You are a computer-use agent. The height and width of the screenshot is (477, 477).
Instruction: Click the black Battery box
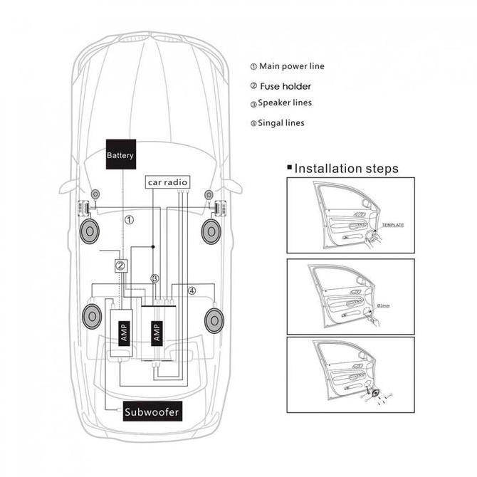point(121,154)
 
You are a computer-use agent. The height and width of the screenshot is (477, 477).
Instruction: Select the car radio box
point(167,182)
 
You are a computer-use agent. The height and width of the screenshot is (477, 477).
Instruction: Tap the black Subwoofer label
point(152,411)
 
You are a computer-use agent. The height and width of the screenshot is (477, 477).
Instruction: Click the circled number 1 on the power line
point(130,220)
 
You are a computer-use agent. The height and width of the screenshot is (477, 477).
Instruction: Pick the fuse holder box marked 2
point(121,266)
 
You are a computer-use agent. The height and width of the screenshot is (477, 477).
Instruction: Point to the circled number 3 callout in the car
point(154,278)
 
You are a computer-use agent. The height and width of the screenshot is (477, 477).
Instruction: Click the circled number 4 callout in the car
point(192,290)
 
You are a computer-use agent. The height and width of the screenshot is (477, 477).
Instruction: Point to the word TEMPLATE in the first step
point(393,225)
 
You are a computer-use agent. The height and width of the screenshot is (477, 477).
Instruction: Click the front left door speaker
point(90,231)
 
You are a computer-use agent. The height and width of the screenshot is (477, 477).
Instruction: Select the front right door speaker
point(211,232)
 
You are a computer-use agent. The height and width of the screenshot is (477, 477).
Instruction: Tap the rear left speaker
point(92,317)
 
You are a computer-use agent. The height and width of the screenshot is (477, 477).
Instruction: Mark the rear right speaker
point(214,320)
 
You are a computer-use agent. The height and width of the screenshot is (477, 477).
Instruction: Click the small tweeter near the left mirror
point(95,194)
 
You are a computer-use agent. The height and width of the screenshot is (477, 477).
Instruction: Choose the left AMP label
point(124,333)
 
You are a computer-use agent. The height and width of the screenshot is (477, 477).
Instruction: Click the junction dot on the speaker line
point(153,247)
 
